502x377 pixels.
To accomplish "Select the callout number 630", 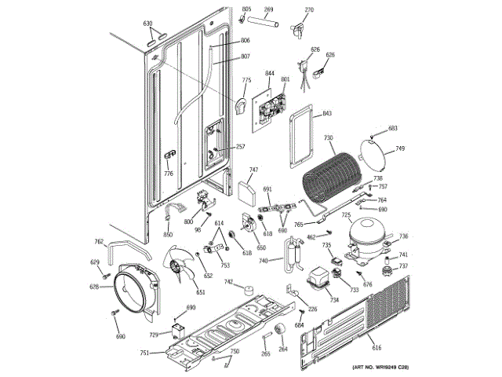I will tap(147, 23).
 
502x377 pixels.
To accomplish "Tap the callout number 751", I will tap(144, 353).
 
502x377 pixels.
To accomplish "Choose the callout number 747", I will tap(253, 170).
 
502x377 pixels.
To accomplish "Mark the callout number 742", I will tap(228, 282).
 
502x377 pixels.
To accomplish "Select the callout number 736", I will tap(404, 236).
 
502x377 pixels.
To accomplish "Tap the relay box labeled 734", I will tap(318, 281).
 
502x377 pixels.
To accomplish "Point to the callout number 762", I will tap(99, 242).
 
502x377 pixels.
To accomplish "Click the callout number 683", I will tap(393, 128).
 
